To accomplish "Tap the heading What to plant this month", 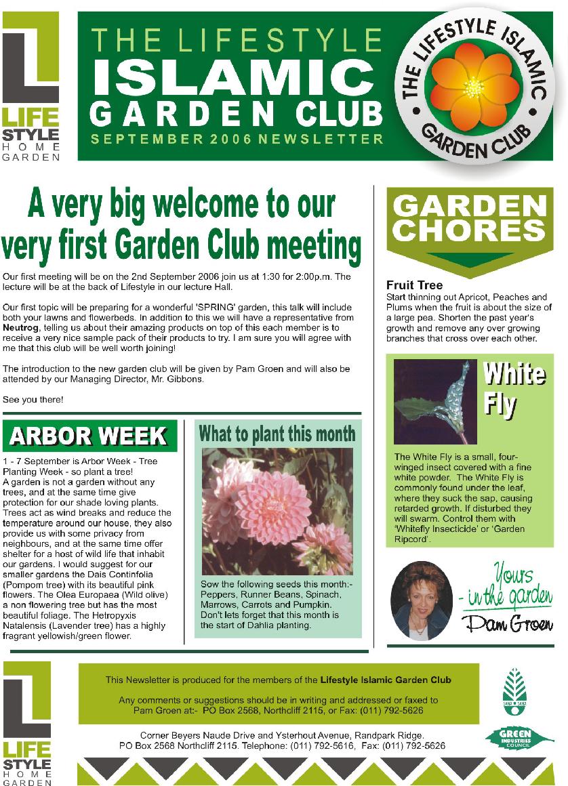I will point(277,434).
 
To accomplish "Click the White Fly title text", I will point(513,388).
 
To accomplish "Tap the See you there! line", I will point(33,399).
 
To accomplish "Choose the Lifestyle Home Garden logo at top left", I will point(31,87).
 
